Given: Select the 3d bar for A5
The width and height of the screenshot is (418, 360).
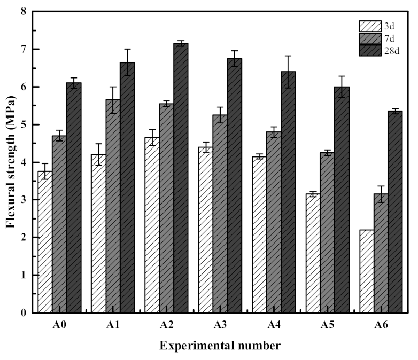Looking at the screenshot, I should [313, 253].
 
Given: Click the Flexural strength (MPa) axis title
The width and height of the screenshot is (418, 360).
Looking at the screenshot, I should [10, 162].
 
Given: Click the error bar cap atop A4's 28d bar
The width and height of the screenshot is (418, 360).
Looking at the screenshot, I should [288, 56].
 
